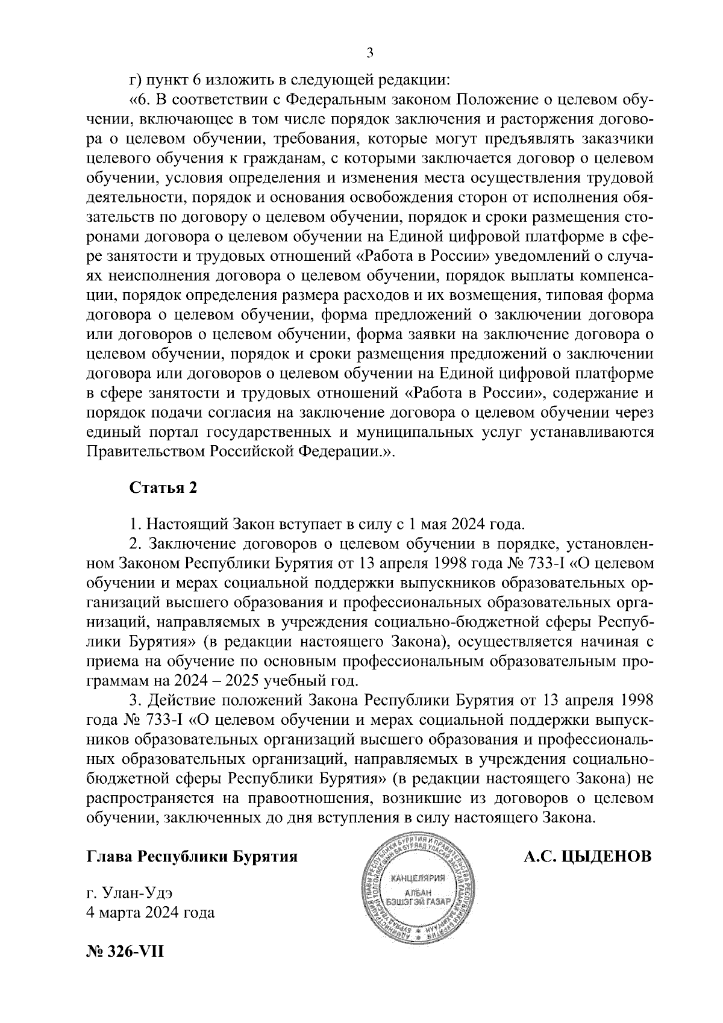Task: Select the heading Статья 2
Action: pyautogui.click(x=163, y=487)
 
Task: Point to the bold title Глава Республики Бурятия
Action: pyautogui.click(x=193, y=856)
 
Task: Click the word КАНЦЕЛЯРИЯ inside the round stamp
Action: pyautogui.click(x=418, y=877)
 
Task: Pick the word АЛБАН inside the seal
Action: pyautogui.click(x=418, y=893)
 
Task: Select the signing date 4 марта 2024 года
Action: pyautogui.click(x=151, y=913)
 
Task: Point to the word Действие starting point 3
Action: pyautogui.click(x=183, y=701)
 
